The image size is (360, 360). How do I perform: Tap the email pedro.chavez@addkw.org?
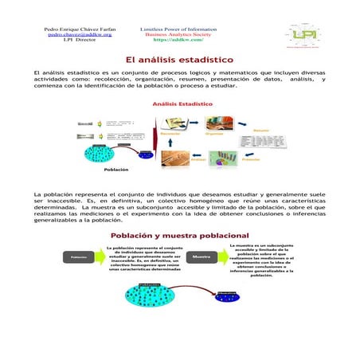pyautogui.click(x=80, y=35)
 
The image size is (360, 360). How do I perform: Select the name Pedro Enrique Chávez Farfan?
pyautogui.click(x=80, y=29)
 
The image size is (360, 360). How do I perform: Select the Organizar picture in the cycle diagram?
pyautogui.click(x=216, y=123)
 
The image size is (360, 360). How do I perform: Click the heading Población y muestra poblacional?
pyautogui.click(x=179, y=236)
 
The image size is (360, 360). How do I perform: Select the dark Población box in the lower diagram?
pyautogui.click(x=78, y=258)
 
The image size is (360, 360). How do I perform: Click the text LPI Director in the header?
pyautogui.click(x=80, y=41)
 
